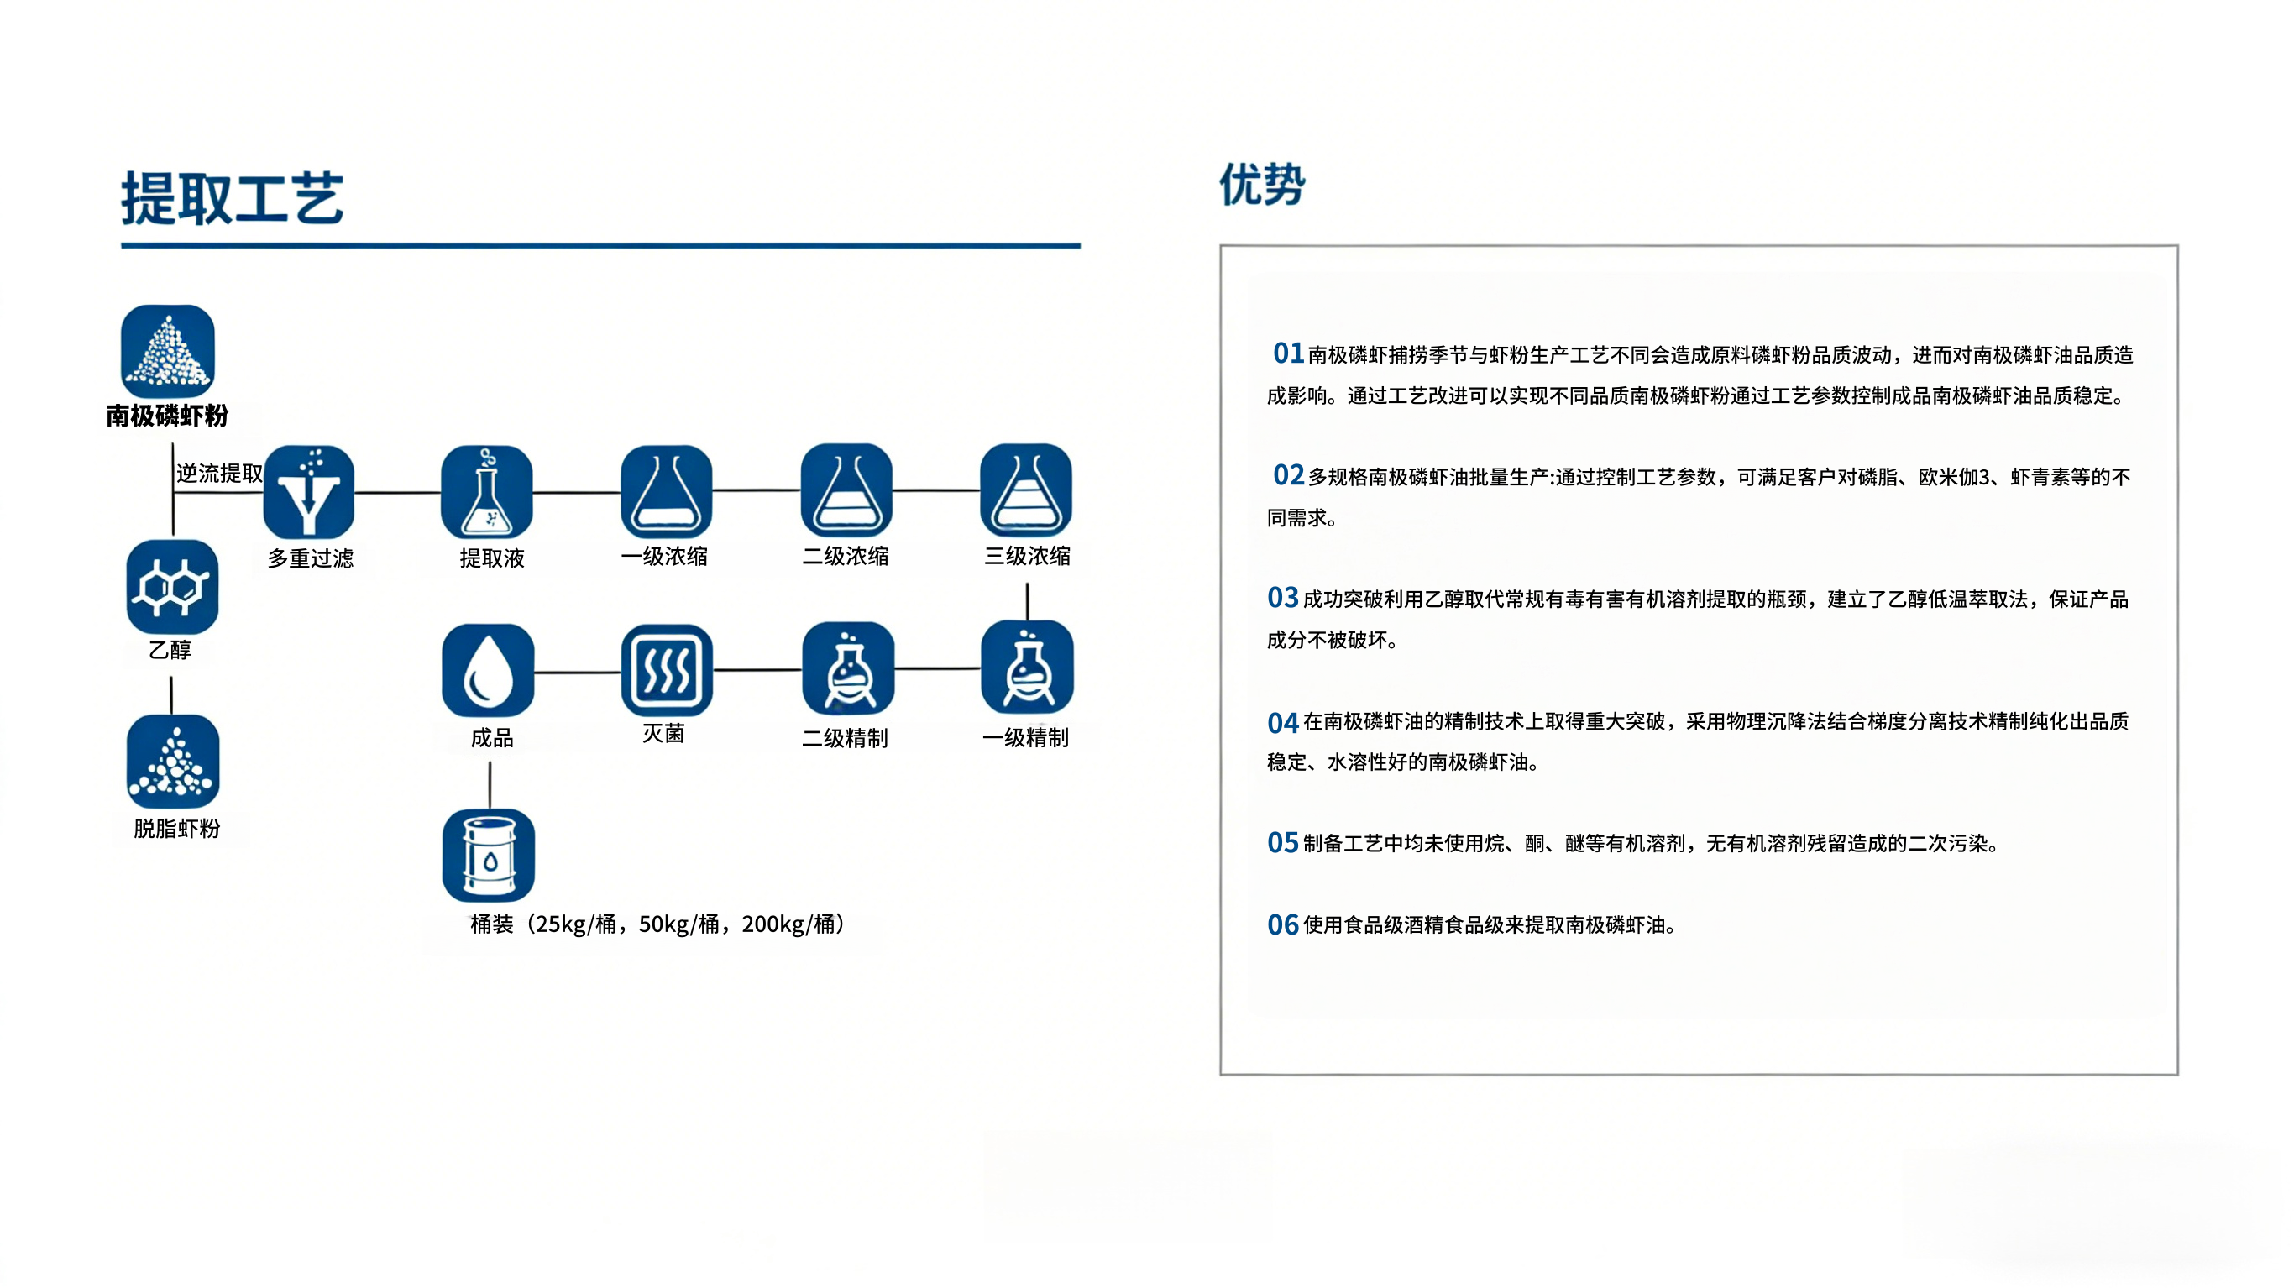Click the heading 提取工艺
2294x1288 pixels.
(233, 198)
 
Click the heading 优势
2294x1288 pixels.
(1261, 186)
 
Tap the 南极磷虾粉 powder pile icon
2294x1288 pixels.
(167, 351)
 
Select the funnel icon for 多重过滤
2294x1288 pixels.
(309, 492)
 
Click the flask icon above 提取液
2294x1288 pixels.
(487, 492)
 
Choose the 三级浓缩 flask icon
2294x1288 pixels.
(1026, 490)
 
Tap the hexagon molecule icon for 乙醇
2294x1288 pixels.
(172, 587)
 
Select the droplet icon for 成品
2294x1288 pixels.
(488, 670)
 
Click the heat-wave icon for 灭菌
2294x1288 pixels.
(666, 670)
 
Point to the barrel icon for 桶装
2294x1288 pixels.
(488, 855)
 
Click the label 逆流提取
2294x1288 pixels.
(219, 473)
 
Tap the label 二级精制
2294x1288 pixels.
(844, 737)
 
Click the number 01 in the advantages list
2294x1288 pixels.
(1288, 353)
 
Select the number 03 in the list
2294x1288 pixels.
(1282, 598)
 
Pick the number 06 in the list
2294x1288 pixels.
(1282, 924)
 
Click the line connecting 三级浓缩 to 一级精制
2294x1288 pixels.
(1027, 601)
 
